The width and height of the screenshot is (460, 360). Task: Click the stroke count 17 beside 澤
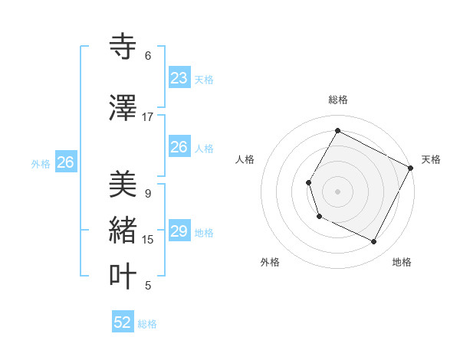coord(148,117)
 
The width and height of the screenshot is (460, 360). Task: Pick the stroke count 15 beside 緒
coord(148,240)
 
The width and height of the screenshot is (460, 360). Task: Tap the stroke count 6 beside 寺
coord(148,56)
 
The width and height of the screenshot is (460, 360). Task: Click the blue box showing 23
coord(179,77)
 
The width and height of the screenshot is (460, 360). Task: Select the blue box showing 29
coord(179,231)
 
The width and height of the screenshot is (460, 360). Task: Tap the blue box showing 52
coord(123,322)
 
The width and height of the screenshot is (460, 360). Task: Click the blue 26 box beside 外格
coord(65,162)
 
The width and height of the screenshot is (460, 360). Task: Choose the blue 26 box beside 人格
coord(179,147)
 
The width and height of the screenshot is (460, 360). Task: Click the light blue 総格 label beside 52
coord(147,324)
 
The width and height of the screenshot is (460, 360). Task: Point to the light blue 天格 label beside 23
coord(204,80)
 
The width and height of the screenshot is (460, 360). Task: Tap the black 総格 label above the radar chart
coord(337,100)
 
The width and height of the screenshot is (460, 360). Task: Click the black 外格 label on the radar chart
coord(270,262)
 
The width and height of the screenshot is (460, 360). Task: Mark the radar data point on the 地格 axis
coord(374,242)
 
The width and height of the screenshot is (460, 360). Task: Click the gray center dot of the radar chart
coord(337,191)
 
